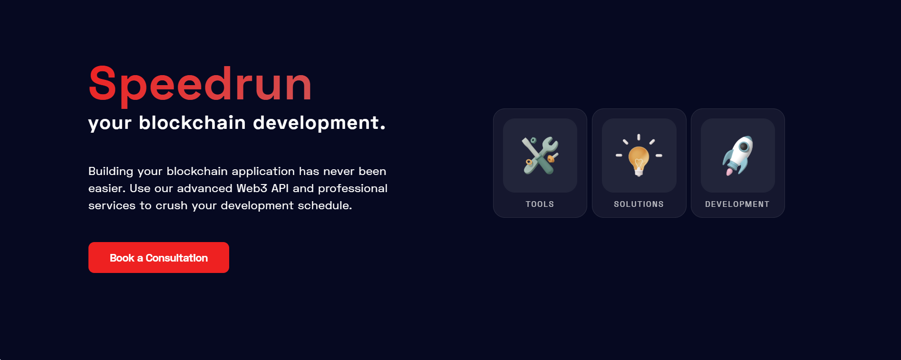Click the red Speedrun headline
(200, 84)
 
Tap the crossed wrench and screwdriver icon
(540, 156)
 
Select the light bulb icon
(639, 157)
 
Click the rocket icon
(737, 156)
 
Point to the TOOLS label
(540, 204)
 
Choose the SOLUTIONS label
(639, 204)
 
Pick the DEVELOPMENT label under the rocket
(737, 204)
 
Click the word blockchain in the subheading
(192, 123)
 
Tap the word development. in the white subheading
(319, 123)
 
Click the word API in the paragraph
(280, 188)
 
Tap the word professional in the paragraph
(352, 188)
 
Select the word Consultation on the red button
(176, 258)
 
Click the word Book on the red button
(122, 258)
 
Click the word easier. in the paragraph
(107, 188)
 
